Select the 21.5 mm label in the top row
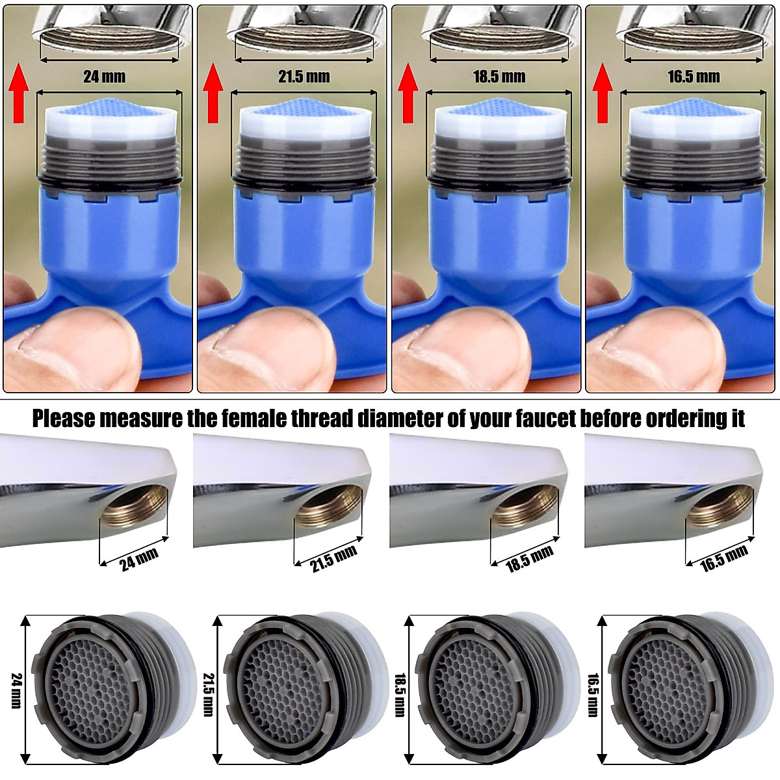tap(304, 77)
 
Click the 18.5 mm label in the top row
tap(499, 77)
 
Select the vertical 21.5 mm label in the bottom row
tap(207, 694)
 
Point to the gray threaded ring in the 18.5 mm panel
tap(499, 160)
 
